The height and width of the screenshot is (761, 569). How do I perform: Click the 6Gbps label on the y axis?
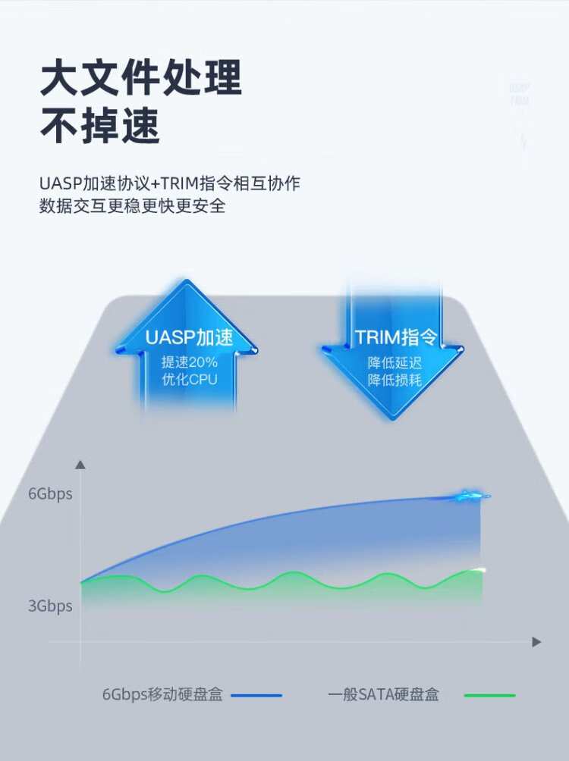[50, 494]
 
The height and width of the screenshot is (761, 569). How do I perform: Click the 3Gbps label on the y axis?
[50, 606]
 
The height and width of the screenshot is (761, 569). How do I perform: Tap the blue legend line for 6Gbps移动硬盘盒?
[256, 696]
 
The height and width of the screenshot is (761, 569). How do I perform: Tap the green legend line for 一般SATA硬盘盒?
[490, 696]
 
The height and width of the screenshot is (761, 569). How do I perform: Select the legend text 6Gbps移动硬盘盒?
[162, 694]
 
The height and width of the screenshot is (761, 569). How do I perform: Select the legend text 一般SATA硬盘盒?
[383, 694]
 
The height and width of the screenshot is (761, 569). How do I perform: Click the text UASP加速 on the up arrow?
[189, 337]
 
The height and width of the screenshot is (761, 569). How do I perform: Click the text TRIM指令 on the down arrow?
[396, 337]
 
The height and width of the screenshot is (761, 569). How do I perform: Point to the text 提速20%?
[190, 362]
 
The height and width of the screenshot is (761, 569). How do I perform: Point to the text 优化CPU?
[190, 379]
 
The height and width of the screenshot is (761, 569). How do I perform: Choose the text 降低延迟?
[395, 362]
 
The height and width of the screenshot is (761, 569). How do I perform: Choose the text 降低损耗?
[395, 380]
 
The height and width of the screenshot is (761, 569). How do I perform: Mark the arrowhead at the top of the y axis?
[80, 465]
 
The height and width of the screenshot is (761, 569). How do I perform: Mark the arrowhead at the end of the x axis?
[536, 642]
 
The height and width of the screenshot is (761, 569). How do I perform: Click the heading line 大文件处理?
[141, 77]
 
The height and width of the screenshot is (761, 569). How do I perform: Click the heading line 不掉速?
[100, 126]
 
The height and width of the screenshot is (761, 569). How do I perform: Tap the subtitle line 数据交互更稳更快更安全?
[132, 205]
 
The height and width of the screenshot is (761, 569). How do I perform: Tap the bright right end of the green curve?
[481, 569]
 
